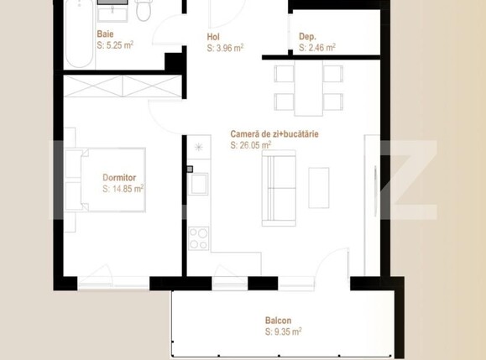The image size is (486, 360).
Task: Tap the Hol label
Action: tap(215, 37)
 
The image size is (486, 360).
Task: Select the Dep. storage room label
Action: tap(307, 37)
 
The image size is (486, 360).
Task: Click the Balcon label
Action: tap(279, 321)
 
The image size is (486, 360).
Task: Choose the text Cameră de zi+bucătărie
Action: tap(274, 133)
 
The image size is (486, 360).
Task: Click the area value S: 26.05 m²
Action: tap(250, 145)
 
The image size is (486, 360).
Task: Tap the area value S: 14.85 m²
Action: tap(123, 190)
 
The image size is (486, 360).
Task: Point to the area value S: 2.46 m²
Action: tap(317, 49)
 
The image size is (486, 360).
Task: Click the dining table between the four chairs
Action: tap(309, 87)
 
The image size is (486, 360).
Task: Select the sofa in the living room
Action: tap(279, 189)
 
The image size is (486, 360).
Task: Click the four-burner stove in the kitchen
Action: tap(198, 238)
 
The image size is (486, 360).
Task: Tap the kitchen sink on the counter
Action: tap(198, 182)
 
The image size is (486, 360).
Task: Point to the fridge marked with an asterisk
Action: tap(198, 149)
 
